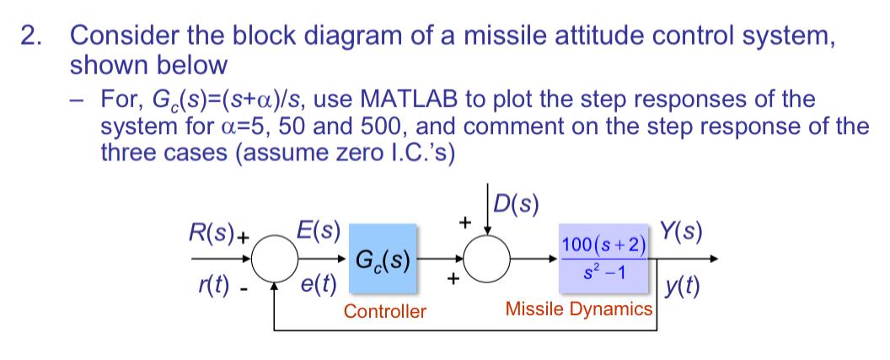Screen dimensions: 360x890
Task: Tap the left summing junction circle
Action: coord(275,259)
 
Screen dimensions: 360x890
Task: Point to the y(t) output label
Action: coord(681,287)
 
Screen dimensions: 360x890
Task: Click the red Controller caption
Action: coord(385,312)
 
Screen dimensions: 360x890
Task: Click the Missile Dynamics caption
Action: coord(578,309)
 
